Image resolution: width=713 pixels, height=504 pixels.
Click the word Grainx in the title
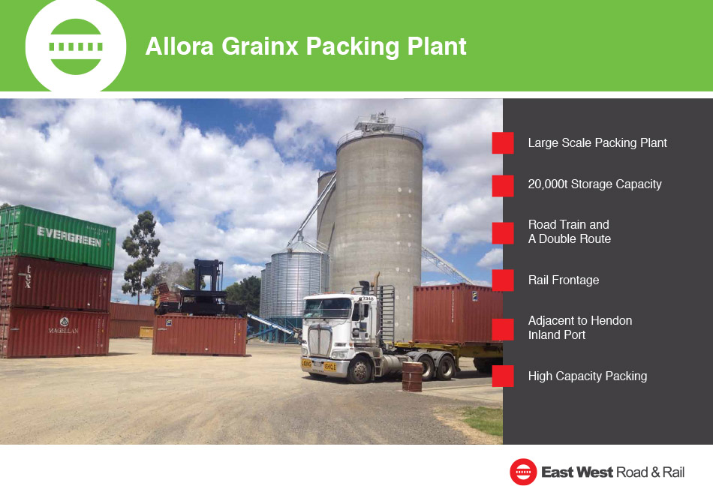click(260, 46)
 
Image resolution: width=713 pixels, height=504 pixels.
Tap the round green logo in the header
click(76, 46)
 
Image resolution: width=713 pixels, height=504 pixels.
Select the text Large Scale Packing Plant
click(597, 142)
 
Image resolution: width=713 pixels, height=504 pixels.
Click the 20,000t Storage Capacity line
click(594, 184)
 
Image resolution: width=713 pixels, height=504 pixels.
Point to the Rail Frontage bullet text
click(564, 280)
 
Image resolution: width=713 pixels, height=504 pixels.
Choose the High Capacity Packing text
click(588, 376)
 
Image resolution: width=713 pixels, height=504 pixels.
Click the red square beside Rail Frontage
click(503, 280)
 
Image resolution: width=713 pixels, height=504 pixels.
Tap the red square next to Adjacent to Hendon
click(503, 329)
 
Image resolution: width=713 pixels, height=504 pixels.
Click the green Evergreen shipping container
click(57, 236)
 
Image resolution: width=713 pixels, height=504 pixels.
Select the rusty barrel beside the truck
click(413, 376)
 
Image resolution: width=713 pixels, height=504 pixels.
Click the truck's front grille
click(320, 340)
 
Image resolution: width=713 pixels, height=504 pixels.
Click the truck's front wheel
click(360, 369)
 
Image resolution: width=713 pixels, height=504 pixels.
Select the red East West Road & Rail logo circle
click(523, 472)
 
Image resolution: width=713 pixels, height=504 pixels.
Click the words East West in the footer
click(577, 472)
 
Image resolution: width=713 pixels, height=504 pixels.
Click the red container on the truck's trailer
click(458, 313)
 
